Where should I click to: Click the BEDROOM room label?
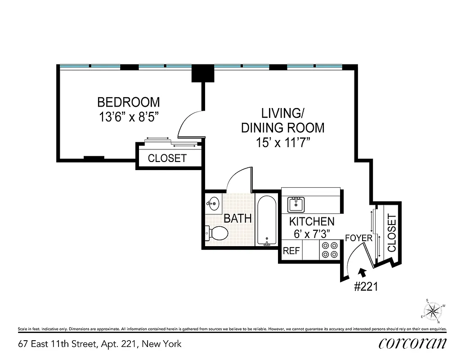pos(129,102)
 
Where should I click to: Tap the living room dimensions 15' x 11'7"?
pos(282,143)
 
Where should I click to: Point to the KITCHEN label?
pos(312,221)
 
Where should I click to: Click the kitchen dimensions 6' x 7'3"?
pos(312,234)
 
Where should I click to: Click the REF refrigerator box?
pos(291,251)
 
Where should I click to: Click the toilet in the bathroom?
pos(217,233)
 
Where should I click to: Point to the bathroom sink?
pos(213,203)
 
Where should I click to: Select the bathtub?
pos(267,220)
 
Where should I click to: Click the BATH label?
pos(237,219)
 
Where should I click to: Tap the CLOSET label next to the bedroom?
pos(167,158)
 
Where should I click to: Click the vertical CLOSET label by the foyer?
pos(391,233)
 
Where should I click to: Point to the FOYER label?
pos(358,238)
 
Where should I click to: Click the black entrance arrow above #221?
pos(362,272)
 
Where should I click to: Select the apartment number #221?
pos(366,287)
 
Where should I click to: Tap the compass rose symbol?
pos(434,310)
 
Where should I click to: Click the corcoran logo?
pos(413,343)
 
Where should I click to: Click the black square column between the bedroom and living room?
pos(202,73)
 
